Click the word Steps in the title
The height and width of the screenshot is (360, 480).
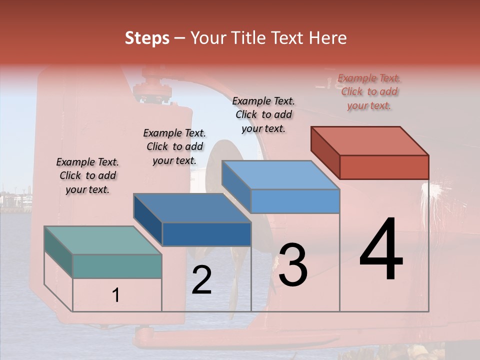pos(147,38)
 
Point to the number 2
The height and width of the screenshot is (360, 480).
pos(201,280)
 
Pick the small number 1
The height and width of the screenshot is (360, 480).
pos(116,295)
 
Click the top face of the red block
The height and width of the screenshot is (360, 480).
pos(369,140)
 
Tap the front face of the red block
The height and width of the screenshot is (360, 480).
pos(384,167)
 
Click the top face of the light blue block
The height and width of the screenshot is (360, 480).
pos(280,174)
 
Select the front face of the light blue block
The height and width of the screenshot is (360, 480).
pos(295,201)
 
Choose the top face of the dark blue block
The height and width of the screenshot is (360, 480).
pos(192,207)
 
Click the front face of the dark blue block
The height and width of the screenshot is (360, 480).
pos(206,234)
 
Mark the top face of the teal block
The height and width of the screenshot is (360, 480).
pos(103,240)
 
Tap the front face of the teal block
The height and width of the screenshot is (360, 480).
pos(117,266)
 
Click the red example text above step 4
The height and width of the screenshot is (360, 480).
pos(369,92)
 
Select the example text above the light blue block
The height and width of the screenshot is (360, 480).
pos(263,114)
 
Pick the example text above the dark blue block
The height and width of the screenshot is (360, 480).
pos(174,146)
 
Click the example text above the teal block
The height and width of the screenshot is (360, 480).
pos(87,175)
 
